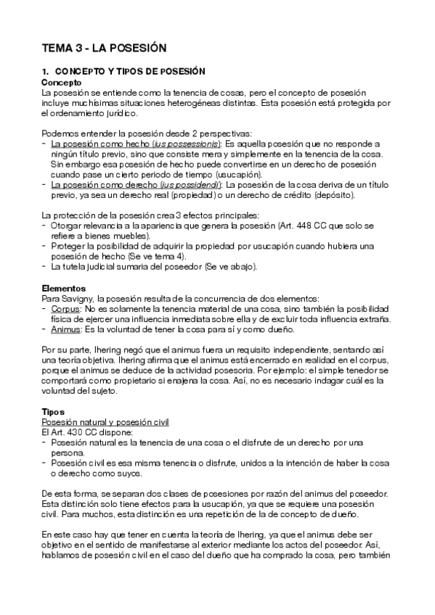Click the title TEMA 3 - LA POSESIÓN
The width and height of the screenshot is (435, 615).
pos(105,48)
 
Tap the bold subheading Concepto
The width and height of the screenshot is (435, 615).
pos(61,83)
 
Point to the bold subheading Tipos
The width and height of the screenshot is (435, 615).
pos(52,411)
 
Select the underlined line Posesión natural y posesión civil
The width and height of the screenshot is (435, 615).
pos(105,421)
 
